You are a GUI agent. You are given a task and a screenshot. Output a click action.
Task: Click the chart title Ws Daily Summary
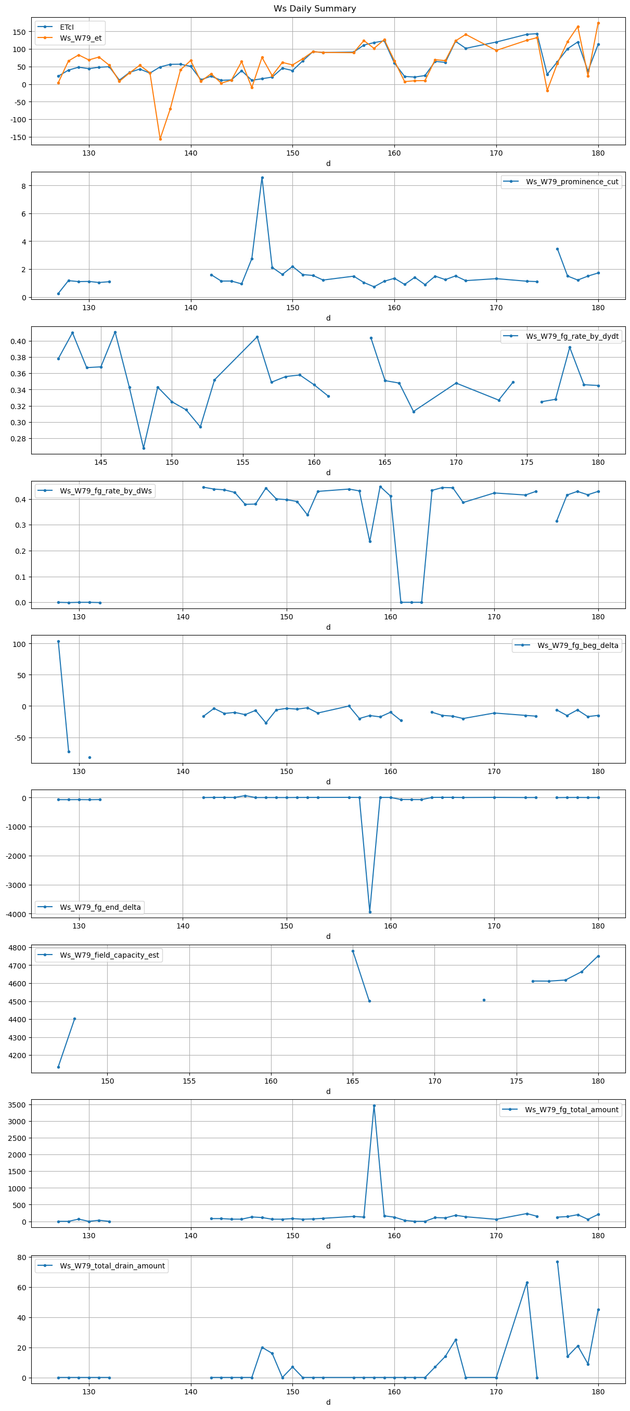click(315, 9)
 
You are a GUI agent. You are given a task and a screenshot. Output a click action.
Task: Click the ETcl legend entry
click(67, 27)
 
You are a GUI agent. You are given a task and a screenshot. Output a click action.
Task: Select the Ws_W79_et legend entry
click(81, 38)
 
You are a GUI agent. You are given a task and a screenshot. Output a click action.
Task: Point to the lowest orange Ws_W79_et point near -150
click(160, 138)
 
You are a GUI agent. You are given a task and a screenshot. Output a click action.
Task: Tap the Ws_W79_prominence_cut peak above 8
click(262, 177)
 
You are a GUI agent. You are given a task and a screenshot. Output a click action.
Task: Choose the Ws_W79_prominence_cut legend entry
click(572, 182)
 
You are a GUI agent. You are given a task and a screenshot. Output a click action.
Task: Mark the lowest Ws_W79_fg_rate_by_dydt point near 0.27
click(144, 448)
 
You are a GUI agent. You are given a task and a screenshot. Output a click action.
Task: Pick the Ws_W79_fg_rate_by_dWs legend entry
click(106, 491)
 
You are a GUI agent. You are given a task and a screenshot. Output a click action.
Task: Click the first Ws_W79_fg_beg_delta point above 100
click(59, 641)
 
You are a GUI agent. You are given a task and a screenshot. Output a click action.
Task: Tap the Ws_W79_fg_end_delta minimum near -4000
click(370, 912)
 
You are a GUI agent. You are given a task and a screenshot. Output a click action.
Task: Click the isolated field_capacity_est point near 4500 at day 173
click(484, 1000)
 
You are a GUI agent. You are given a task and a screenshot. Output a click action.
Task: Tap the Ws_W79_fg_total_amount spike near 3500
click(375, 1105)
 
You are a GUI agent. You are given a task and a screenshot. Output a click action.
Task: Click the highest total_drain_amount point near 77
click(557, 1262)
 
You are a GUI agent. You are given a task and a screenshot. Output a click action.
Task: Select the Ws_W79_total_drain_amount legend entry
click(112, 1266)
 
